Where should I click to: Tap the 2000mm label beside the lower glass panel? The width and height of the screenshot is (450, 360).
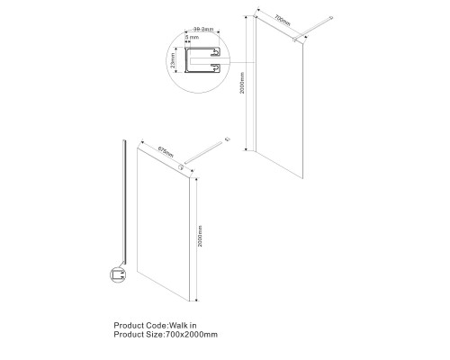200,238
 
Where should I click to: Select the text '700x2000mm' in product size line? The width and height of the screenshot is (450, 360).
193,335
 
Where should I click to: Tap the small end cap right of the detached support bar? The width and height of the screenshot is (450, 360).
231,139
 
